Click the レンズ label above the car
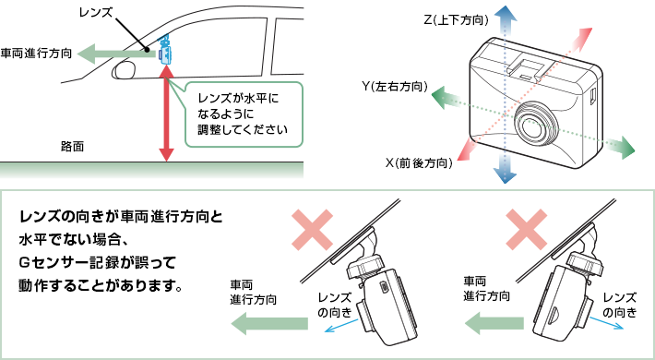[96, 12]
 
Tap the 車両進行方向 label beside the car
[36, 54]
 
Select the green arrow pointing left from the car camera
[117, 54]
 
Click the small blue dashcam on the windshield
[165, 50]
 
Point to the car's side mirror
[125, 70]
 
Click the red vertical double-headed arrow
[166, 114]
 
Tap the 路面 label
[72, 147]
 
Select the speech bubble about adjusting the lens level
[244, 114]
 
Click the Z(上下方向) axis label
[456, 19]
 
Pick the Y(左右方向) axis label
[395, 87]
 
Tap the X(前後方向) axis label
[419, 162]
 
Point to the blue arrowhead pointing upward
[505, 15]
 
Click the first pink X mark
[312, 230]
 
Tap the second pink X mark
[527, 230]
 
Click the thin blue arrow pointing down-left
[341, 326]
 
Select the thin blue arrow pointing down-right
[606, 322]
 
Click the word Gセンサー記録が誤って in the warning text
[98, 263]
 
